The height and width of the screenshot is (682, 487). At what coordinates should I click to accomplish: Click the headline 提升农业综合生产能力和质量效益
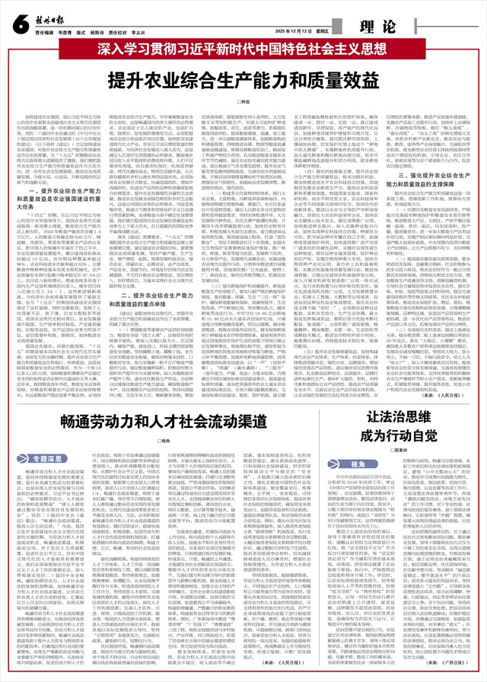[x=243, y=78]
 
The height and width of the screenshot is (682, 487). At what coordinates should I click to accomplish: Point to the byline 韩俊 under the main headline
[x=243, y=100]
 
